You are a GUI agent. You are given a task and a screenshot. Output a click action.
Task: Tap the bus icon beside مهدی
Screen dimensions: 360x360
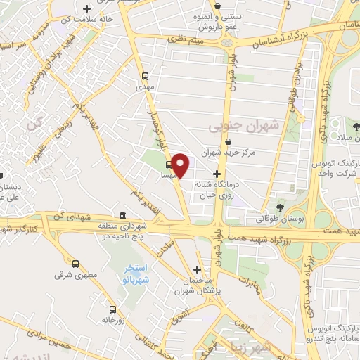pyautogui.click(x=145, y=76)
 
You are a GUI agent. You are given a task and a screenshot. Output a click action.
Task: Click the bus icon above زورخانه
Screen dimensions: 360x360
pyautogui.click(x=112, y=309)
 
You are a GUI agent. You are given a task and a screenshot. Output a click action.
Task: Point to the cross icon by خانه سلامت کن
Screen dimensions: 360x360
pyautogui.click(x=86, y=9)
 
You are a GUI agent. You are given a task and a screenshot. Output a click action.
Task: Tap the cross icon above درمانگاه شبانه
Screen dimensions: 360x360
pyautogui.click(x=217, y=173)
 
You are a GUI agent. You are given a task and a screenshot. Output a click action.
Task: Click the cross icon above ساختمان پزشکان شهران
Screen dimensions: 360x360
pyautogui.click(x=198, y=269)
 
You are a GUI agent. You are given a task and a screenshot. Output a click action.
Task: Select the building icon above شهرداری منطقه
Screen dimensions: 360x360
pyautogui.click(x=124, y=215)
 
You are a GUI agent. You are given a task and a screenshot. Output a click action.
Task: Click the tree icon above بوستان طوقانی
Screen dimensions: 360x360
pyautogui.click(x=281, y=207)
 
